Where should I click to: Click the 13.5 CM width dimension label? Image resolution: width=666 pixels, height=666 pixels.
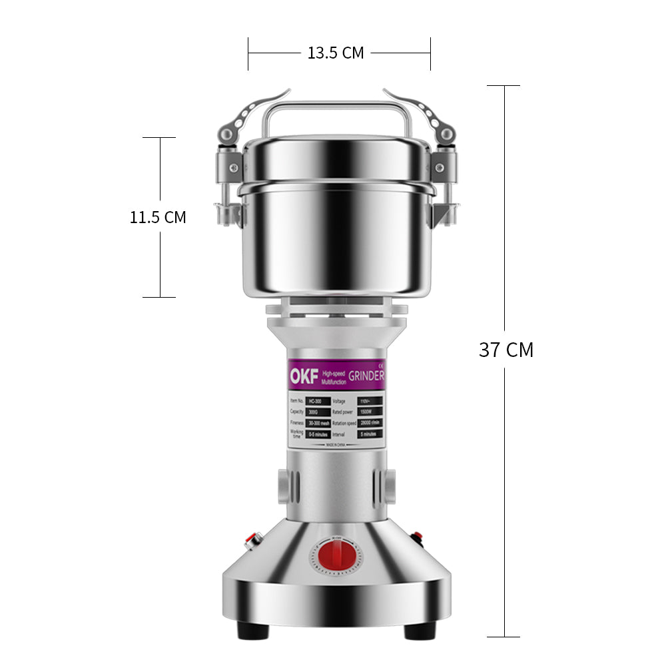click(336, 53)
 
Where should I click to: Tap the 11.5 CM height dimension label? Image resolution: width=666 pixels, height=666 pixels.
click(158, 217)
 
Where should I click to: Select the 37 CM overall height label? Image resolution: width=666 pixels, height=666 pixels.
click(506, 350)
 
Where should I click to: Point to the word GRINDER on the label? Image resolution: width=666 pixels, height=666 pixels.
click(366, 376)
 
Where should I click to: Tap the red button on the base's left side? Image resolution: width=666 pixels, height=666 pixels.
click(252, 539)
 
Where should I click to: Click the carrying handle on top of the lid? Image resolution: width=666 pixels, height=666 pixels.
click(334, 107)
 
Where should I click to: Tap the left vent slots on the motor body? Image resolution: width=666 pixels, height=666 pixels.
click(283, 487)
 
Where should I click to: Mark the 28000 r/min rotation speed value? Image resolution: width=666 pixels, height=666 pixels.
click(371, 423)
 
